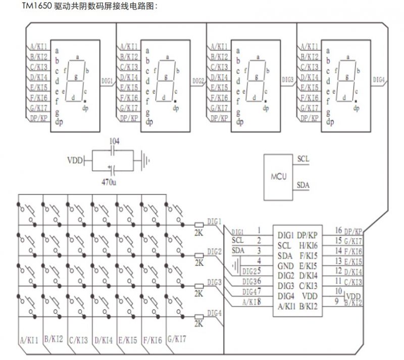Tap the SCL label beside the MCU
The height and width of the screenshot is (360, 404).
(304, 159)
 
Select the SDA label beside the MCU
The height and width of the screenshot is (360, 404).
(304, 185)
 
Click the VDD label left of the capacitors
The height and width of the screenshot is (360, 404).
(75, 161)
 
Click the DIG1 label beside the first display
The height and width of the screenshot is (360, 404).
(107, 80)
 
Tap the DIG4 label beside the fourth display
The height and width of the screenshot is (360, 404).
(379, 80)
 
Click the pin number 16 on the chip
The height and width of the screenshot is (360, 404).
(338, 231)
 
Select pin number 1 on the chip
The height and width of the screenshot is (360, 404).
(259, 231)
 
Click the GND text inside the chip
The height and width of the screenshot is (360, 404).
(286, 265)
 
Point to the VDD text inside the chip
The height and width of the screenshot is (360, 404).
(310, 295)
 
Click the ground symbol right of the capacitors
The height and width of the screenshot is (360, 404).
(146, 161)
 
